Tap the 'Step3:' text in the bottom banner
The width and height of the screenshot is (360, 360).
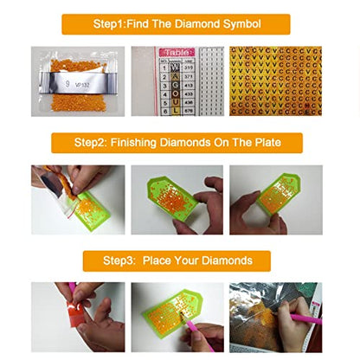coord(123,260)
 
